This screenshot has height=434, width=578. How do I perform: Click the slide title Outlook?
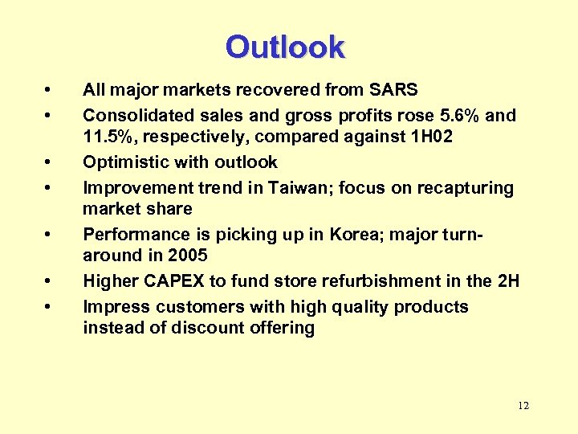tap(285, 47)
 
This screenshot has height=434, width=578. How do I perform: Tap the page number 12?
tap(523, 406)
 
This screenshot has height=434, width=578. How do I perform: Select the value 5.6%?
tap(454, 115)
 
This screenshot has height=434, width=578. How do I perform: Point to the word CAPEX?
tap(170, 280)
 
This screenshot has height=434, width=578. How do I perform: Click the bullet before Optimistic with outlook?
tap(49, 162)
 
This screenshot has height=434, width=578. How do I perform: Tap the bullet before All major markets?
tap(49, 89)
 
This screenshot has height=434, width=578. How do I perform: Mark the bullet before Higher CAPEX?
tap(49, 281)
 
